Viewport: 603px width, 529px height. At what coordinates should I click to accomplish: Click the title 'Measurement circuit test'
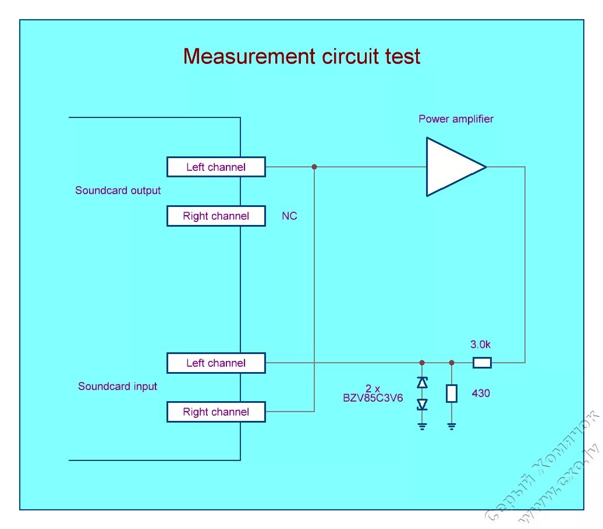click(301, 56)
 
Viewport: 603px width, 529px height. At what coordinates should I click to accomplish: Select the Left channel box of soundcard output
click(216, 167)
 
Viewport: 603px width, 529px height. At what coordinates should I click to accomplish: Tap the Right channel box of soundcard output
click(216, 216)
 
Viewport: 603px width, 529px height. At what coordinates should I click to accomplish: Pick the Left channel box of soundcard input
click(216, 363)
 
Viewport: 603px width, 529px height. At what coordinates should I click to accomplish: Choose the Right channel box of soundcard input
click(216, 412)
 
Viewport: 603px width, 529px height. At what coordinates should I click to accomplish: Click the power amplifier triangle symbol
click(453, 167)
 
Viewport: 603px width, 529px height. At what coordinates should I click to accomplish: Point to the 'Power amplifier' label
click(456, 119)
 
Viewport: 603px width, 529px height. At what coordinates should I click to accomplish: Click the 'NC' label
click(289, 216)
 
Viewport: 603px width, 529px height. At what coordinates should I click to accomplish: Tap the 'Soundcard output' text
click(118, 190)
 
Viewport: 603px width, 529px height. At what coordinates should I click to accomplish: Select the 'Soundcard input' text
click(118, 386)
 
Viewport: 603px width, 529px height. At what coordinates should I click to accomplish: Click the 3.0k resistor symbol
click(482, 363)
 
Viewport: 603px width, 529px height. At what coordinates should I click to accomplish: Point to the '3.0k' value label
click(481, 344)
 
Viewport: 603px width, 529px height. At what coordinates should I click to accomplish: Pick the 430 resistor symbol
click(452, 394)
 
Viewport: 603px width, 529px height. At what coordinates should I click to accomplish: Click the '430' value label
click(481, 394)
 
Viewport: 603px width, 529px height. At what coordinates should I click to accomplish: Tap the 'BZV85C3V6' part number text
click(373, 399)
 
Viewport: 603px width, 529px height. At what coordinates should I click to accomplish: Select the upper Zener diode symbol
click(423, 383)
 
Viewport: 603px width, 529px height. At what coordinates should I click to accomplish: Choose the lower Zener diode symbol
click(423, 404)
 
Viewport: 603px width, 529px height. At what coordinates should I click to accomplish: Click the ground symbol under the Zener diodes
click(423, 427)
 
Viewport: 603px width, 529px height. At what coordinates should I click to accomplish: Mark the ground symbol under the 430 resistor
click(452, 427)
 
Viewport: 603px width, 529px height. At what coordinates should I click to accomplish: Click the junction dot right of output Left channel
click(314, 167)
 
